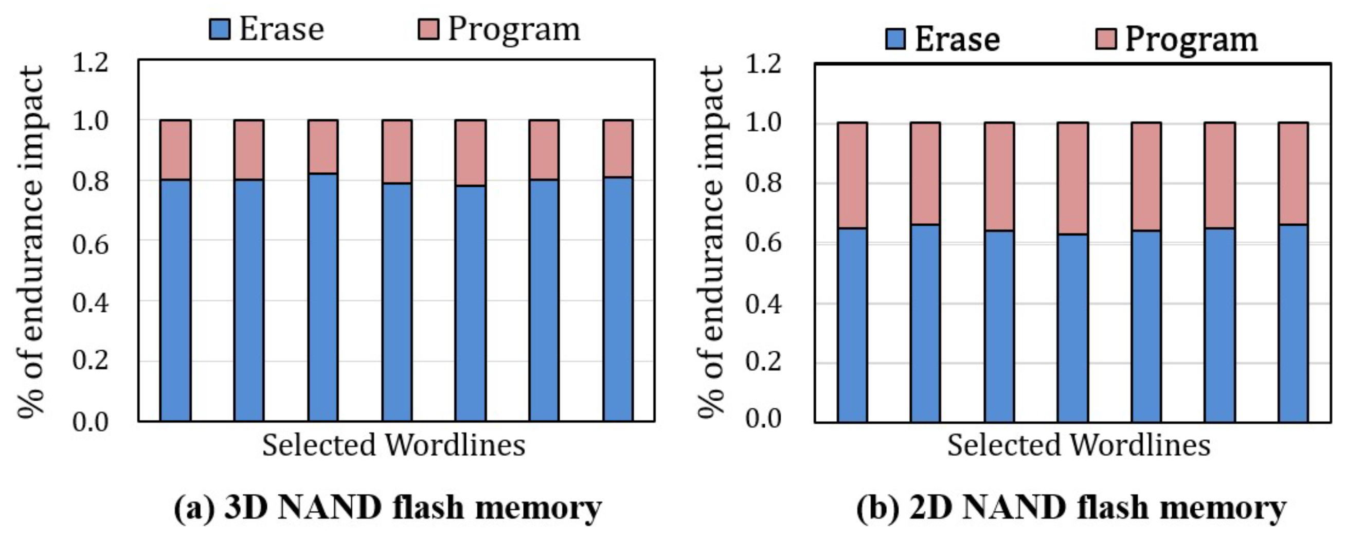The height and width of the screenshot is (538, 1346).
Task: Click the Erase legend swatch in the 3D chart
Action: click(220, 29)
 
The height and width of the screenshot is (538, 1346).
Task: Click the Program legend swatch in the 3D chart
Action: click(428, 29)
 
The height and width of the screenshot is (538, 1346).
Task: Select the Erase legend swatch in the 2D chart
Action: click(895, 39)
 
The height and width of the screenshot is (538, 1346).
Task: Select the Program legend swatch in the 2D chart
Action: click(1106, 39)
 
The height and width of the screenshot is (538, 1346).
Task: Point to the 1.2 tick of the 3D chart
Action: click(91, 63)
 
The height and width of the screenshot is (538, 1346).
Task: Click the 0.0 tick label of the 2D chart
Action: click(763, 419)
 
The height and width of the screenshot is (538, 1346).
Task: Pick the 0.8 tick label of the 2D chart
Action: click(763, 184)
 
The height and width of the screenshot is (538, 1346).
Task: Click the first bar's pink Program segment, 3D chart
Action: click(175, 150)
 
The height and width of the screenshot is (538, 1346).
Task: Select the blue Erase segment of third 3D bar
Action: click(323, 298)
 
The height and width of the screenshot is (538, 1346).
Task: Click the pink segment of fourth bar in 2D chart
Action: click(1073, 178)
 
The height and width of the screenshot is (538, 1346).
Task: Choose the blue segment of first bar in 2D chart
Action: click(852, 325)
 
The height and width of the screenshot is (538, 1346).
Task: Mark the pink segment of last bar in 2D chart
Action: click(1293, 174)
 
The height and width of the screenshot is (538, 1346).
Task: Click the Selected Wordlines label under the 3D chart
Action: click(393, 445)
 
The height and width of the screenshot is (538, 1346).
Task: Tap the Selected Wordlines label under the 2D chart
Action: click(1079, 445)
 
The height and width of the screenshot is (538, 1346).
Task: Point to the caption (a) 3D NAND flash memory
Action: click(388, 508)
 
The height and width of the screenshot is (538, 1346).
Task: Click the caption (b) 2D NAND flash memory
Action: click(1071, 508)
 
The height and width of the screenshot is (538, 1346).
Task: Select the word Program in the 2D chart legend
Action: click(1191, 39)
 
